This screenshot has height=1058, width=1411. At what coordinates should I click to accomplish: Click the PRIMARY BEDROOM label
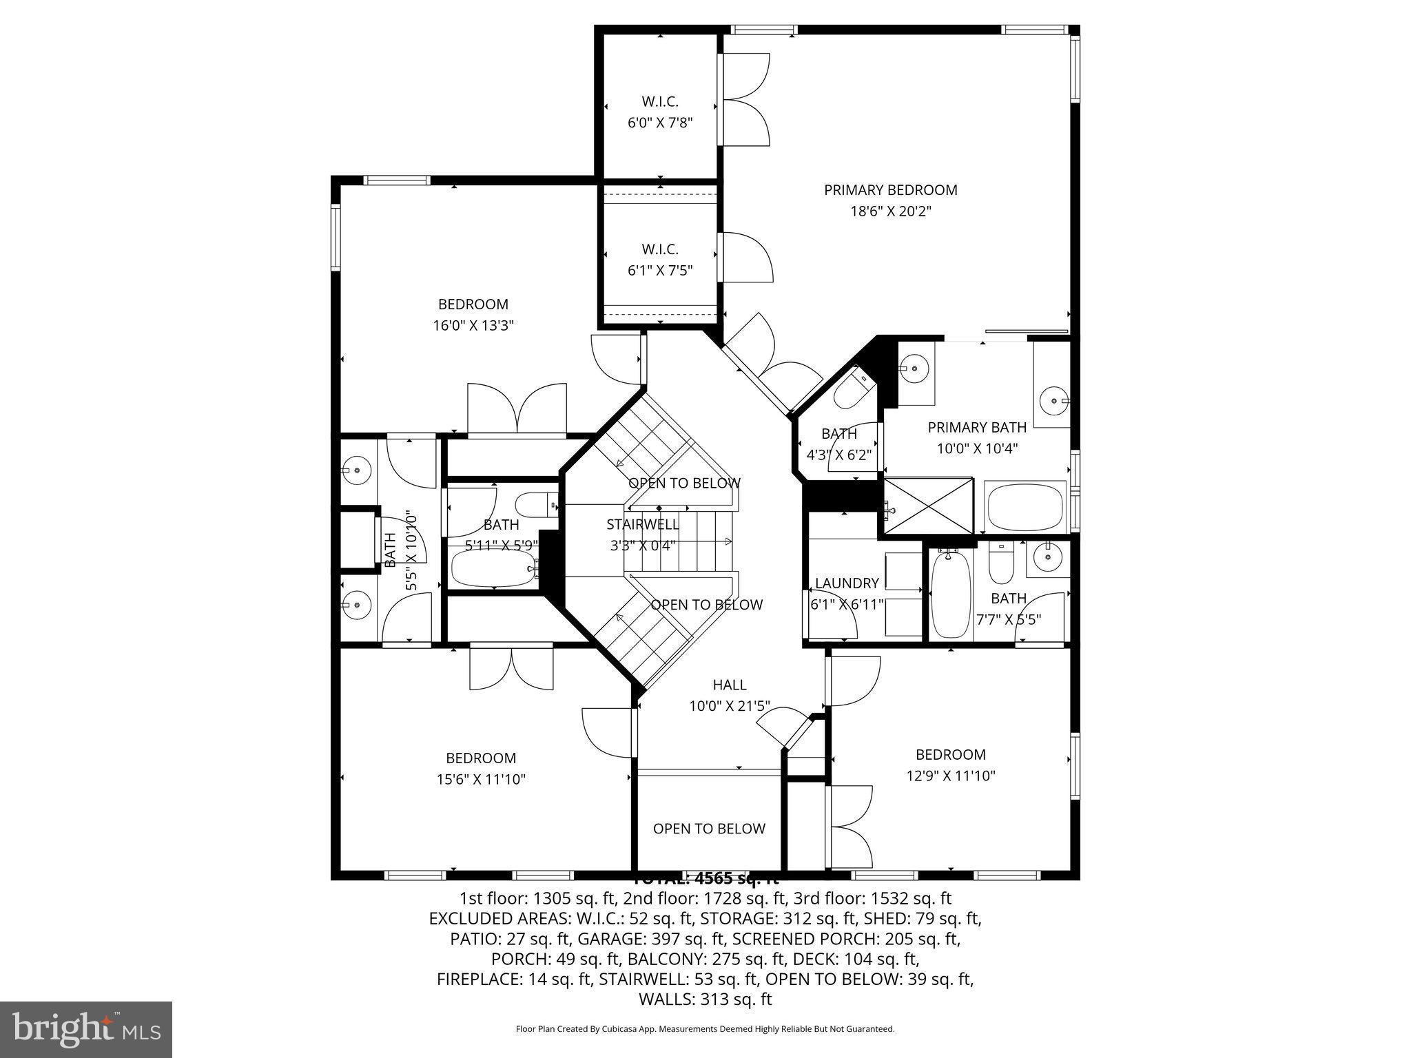pyautogui.click(x=890, y=190)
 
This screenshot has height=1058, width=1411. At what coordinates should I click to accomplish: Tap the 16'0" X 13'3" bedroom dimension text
pyautogui.click(x=473, y=326)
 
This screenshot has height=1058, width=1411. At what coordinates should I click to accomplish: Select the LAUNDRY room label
pyautogui.click(x=846, y=583)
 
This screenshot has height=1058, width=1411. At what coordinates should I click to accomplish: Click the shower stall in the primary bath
pyautogui.click(x=928, y=506)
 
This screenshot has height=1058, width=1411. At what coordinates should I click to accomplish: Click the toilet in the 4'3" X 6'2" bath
pyautogui.click(x=852, y=391)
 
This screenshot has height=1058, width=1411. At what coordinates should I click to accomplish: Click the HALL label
pyautogui.click(x=729, y=685)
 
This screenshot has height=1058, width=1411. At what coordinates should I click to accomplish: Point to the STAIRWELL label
pyautogui.click(x=642, y=524)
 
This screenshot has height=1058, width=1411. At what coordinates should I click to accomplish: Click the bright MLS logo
pyautogui.click(x=85, y=1029)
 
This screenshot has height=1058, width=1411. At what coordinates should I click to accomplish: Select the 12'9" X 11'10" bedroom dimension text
pyautogui.click(x=950, y=776)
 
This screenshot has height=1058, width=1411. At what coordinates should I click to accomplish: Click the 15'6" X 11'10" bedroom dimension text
pyautogui.click(x=480, y=780)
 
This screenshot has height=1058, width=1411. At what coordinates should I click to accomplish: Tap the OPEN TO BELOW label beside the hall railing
pyautogui.click(x=709, y=829)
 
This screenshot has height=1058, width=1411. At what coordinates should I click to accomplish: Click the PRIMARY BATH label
pyautogui.click(x=976, y=427)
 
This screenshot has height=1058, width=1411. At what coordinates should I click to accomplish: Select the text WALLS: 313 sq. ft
pyautogui.click(x=705, y=999)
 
